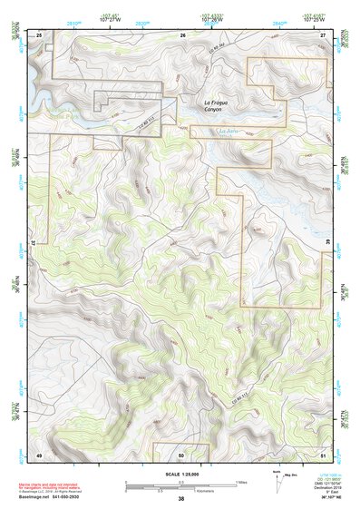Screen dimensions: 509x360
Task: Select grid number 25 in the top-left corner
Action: point(39,34)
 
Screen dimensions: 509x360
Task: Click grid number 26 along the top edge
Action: point(182,34)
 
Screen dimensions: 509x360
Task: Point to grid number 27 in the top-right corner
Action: point(323,34)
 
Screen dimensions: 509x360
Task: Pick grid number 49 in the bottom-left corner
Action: point(39,454)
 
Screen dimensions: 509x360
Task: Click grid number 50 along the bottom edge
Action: point(181,454)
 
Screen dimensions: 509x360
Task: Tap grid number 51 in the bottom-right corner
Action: point(323,454)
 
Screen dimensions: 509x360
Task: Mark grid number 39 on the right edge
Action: point(327,243)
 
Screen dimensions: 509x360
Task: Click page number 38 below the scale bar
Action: point(181,498)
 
